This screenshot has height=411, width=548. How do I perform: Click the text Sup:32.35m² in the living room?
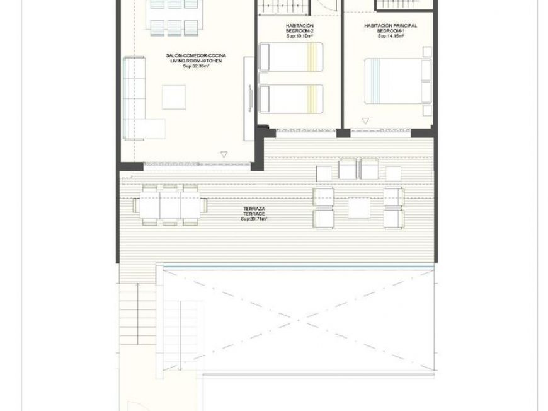coord(195,66)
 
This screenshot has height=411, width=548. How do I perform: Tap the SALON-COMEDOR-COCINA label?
coord(195,56)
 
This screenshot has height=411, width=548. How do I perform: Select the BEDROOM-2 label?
coord(290,31)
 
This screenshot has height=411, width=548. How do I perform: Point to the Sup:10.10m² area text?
coord(290,36)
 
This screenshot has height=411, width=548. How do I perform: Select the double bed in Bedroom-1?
coord(397,81)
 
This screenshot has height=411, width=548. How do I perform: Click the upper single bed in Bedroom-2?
coord(291,57)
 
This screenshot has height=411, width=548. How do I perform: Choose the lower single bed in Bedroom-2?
coord(291,99)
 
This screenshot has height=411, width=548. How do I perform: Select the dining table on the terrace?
coord(170,205)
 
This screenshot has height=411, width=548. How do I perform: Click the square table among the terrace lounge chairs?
coord(358,207)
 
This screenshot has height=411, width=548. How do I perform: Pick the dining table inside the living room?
coord(174,16)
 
